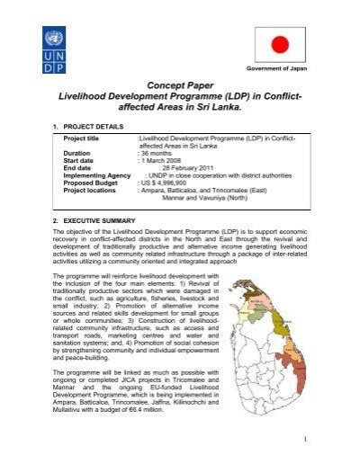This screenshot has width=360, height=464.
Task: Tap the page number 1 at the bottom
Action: pyautogui.click(x=305, y=438)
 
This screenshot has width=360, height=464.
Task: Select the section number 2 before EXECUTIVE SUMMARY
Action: pyautogui.click(x=55, y=220)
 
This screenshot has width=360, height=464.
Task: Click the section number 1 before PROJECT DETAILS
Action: pyautogui.click(x=55, y=127)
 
